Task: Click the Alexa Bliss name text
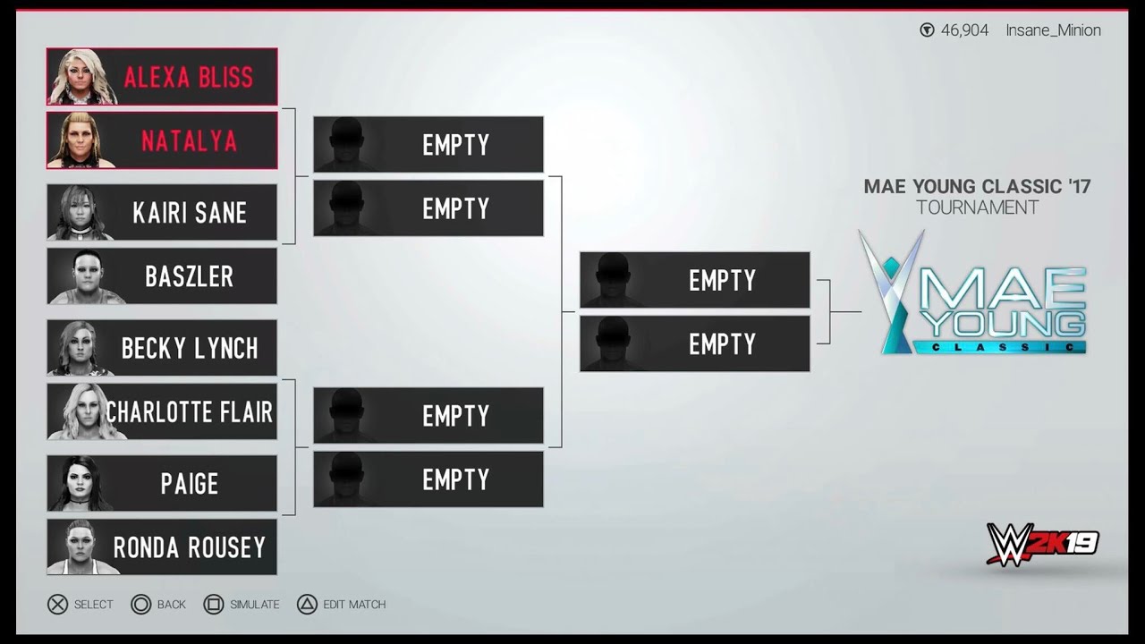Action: coord(188,77)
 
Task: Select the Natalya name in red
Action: coord(189,140)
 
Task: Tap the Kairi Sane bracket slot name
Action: coord(189,213)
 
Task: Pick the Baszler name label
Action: coord(189,276)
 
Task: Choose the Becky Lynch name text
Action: coord(189,348)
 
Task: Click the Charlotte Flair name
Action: coord(189,411)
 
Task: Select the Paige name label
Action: coord(189,484)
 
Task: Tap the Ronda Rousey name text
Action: coord(189,547)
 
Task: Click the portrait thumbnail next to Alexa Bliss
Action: coord(82,77)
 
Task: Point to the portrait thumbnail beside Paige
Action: coord(82,484)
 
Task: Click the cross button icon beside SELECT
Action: coord(57,605)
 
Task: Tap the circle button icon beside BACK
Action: coord(140,605)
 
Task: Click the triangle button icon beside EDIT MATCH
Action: coord(307,605)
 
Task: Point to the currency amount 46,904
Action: coord(964,30)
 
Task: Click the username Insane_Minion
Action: coord(1053,30)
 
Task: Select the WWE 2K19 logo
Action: coord(1041,544)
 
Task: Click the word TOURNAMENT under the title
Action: coord(977,208)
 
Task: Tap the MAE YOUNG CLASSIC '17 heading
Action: coord(977,187)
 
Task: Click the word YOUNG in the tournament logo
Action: coord(1006,323)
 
